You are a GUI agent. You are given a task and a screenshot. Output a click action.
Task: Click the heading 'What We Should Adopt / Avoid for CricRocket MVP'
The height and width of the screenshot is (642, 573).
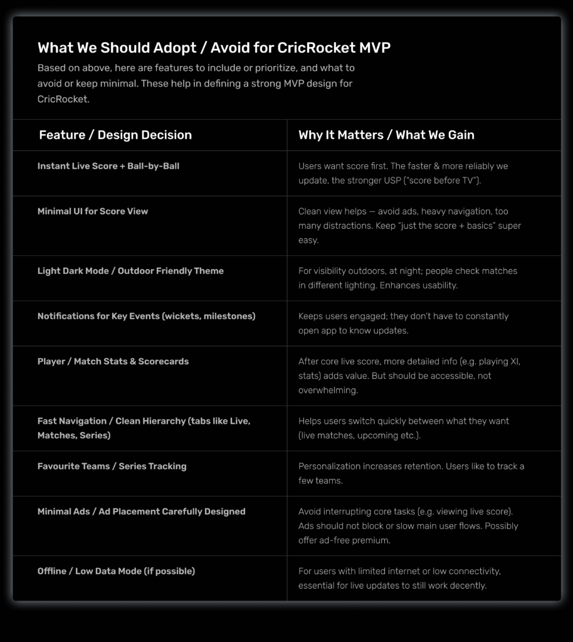214,48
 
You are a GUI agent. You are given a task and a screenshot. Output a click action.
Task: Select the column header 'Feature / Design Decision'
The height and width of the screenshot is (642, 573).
115,135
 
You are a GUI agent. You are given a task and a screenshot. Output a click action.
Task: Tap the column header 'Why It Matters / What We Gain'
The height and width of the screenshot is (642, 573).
386,135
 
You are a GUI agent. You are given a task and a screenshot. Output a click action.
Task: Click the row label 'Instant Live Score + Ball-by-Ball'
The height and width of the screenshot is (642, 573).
108,166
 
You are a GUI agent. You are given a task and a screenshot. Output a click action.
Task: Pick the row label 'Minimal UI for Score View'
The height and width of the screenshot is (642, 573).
93,211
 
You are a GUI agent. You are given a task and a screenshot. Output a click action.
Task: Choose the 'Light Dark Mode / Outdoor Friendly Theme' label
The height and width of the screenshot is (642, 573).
130,271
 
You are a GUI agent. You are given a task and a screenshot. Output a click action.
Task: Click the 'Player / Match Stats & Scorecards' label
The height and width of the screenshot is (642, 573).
113,361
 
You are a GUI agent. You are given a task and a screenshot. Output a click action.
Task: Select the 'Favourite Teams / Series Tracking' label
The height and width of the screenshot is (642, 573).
112,466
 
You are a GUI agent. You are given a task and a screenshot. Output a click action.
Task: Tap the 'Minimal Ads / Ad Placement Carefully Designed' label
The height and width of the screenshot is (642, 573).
141,511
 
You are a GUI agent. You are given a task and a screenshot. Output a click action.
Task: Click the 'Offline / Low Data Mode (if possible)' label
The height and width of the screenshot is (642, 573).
116,571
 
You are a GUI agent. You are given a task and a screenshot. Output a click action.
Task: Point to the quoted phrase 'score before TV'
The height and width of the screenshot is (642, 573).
453,181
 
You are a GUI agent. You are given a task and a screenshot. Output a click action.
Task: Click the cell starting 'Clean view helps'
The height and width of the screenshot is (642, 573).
409,226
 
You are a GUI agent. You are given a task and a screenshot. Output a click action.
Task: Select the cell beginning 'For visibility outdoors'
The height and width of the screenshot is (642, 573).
407,278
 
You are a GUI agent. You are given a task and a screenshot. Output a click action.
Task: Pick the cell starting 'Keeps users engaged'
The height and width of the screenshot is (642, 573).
403,323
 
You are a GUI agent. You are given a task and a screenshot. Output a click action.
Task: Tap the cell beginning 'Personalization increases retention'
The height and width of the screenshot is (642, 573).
411,473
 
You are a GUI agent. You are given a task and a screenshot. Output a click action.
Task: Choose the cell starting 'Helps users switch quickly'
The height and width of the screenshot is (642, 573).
403,428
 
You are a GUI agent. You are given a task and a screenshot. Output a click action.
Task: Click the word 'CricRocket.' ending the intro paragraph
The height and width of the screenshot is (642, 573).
63,99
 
